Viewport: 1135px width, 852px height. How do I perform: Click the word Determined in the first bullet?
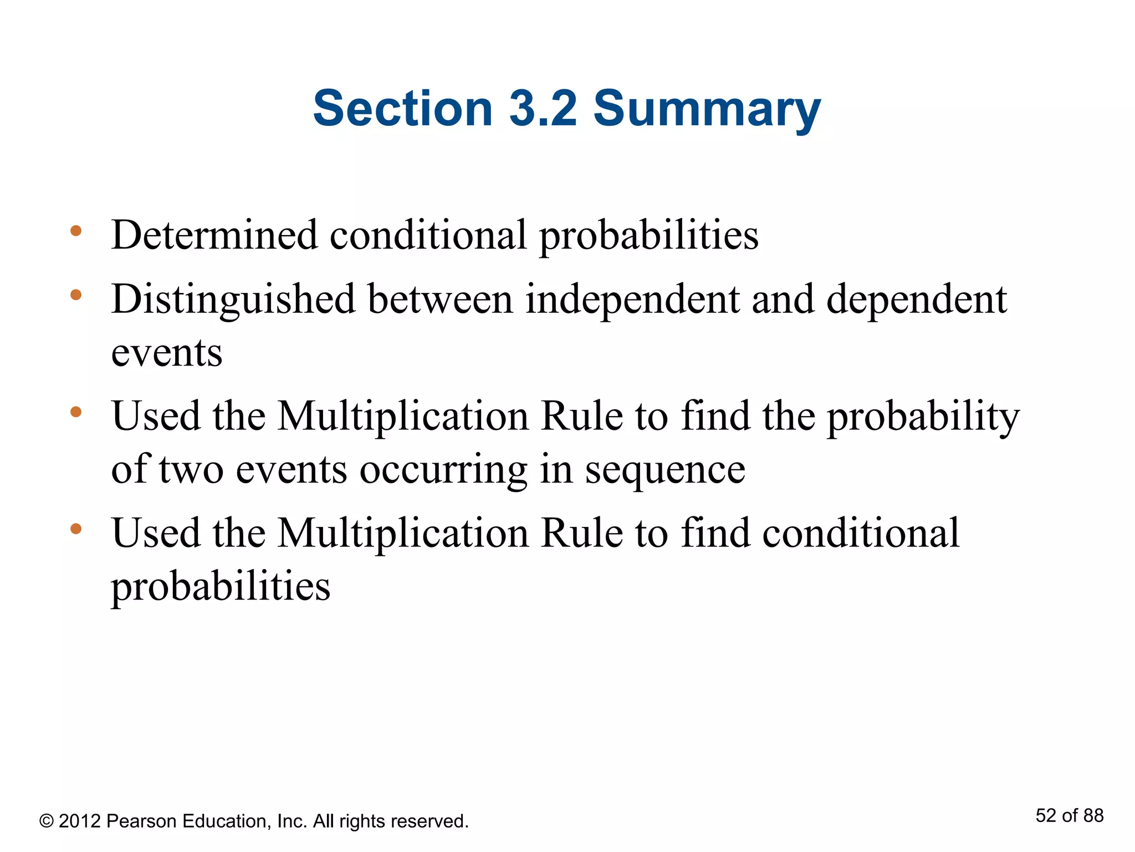pyautogui.click(x=214, y=235)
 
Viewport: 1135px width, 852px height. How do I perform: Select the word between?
pyautogui.click(x=441, y=300)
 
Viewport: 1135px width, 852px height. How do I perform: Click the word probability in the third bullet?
pyautogui.click(x=923, y=417)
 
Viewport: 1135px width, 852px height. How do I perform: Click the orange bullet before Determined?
pyautogui.click(x=76, y=231)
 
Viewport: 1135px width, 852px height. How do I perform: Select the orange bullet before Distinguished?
pyautogui.click(x=76, y=295)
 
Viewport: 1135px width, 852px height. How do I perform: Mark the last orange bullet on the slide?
pyautogui.click(x=76, y=529)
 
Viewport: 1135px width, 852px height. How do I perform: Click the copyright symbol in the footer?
pyautogui.click(x=47, y=821)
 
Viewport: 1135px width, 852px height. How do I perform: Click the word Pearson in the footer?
pyautogui.click(x=141, y=821)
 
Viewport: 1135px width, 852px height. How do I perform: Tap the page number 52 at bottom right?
pyautogui.click(x=1046, y=815)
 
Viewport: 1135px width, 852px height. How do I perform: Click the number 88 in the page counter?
pyautogui.click(x=1093, y=815)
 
